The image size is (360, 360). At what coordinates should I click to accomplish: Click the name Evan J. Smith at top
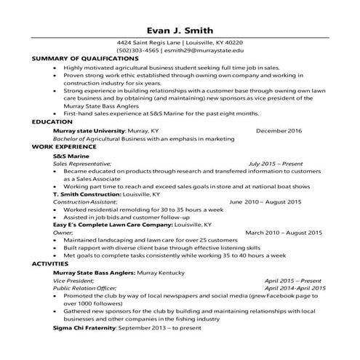180,31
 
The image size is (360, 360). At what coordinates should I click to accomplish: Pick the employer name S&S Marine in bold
71,156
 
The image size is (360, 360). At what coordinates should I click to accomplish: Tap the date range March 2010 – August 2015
283,233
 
